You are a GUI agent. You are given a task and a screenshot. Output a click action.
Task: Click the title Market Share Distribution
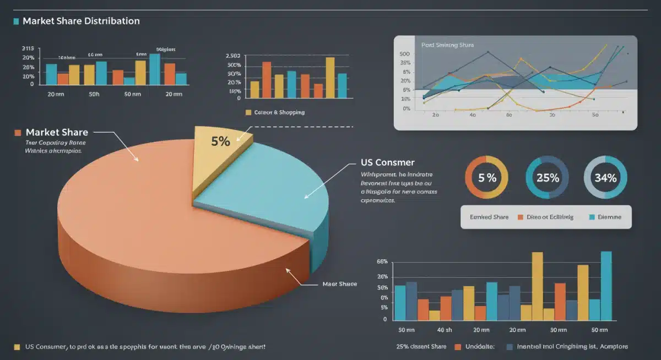point(81,21)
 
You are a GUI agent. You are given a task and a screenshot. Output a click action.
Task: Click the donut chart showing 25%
point(549,177)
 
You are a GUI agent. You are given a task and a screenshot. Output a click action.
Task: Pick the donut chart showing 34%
point(605,177)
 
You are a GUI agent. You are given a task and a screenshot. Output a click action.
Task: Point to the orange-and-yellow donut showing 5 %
point(487,177)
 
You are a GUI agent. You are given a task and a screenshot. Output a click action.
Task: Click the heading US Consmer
point(387,162)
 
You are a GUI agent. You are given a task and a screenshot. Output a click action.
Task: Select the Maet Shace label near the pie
point(339,284)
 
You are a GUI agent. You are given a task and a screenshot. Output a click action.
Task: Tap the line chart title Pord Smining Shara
point(447,45)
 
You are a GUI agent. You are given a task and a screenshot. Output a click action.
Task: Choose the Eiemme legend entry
point(609,217)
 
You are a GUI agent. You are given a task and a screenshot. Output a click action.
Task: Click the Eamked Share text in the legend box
point(489,217)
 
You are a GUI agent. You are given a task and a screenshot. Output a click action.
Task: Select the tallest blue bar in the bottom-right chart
point(606,285)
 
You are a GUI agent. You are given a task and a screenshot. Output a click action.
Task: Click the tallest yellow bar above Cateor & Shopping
point(330,78)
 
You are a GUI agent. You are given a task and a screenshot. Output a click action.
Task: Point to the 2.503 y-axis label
point(233,57)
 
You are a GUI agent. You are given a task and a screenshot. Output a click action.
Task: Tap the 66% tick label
point(382,261)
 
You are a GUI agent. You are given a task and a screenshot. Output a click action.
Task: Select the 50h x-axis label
point(94,94)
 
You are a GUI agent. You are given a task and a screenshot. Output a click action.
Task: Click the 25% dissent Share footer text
point(421,347)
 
